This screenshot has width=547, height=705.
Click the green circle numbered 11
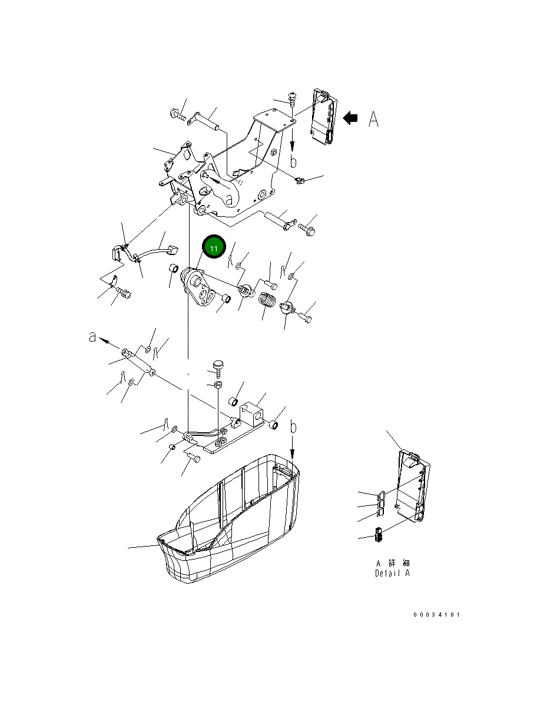214,248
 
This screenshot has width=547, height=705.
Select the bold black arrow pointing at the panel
350,118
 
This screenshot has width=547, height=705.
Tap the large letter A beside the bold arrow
373,120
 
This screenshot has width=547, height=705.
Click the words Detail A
392,573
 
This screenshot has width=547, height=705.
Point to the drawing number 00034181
436,615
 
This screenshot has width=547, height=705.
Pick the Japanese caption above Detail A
393,563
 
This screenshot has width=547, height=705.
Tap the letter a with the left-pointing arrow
92,337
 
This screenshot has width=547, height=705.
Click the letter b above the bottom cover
294,428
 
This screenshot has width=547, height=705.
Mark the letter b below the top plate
293,160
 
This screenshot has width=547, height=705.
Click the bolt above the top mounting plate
291,98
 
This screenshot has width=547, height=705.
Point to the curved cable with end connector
159,247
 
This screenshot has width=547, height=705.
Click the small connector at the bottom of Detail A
379,536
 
